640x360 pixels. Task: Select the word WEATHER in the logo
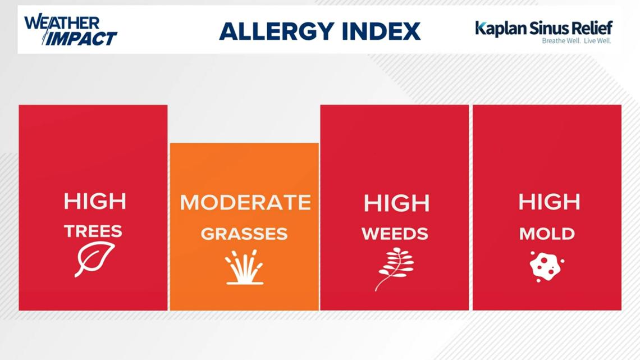pyautogui.click(x=62, y=23)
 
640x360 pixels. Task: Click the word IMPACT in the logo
pyautogui.click(x=81, y=38)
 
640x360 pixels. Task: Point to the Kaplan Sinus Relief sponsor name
pyautogui.click(x=543, y=28)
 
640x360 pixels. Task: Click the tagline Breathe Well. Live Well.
pyautogui.click(x=576, y=41)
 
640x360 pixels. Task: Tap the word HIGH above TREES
pyautogui.click(x=95, y=202)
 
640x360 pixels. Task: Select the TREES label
pyautogui.click(x=93, y=231)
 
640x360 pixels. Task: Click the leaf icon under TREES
pyautogui.click(x=94, y=259)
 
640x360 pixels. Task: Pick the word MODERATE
pyautogui.click(x=245, y=202)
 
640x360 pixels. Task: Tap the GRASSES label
pyautogui.click(x=244, y=234)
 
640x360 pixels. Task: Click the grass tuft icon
pyautogui.click(x=244, y=267)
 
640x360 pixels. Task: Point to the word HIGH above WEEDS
pyautogui.click(x=396, y=203)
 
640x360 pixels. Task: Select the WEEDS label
pyautogui.click(x=395, y=234)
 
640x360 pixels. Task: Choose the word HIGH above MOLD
pyautogui.click(x=549, y=202)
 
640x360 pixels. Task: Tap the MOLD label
pyautogui.click(x=547, y=234)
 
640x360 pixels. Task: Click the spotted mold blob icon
pyautogui.click(x=546, y=265)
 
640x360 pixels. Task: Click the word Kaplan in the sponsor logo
pyautogui.click(x=500, y=28)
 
